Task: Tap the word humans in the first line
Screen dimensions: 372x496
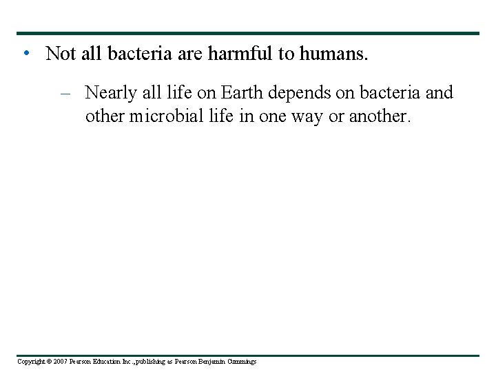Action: [x=333, y=54]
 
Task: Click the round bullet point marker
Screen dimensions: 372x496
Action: [x=25, y=53]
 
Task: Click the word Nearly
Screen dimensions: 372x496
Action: [x=112, y=92]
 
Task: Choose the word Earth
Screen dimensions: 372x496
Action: [x=242, y=92]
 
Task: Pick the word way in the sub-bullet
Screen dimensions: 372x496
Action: [x=307, y=116]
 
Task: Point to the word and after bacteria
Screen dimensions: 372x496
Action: [x=439, y=92]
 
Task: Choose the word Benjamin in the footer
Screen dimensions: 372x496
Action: [x=214, y=362]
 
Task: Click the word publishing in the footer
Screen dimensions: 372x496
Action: [x=147, y=362]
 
